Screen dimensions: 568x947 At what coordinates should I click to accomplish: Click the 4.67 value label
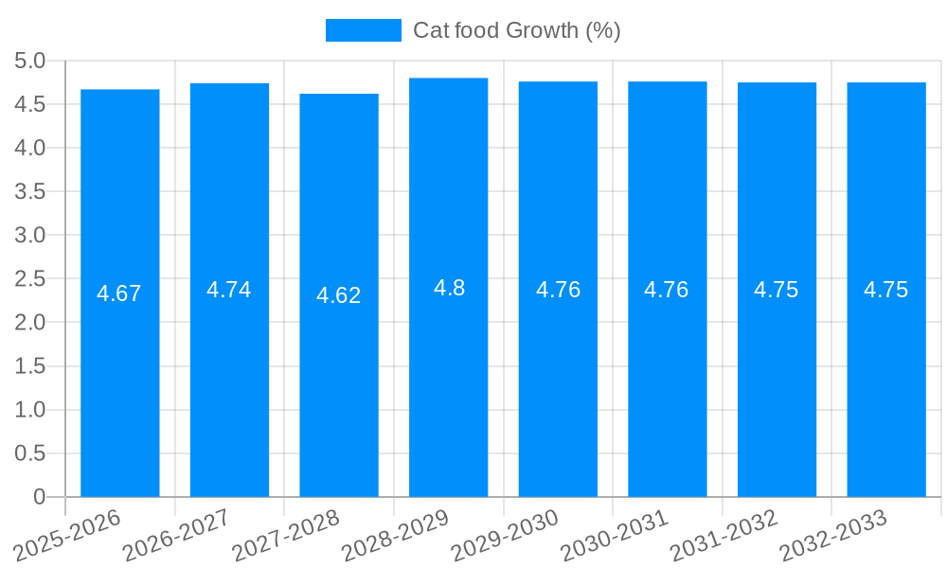(x=119, y=293)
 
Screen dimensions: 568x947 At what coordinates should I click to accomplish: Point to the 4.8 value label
(x=449, y=288)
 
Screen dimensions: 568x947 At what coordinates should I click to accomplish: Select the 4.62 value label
(x=339, y=295)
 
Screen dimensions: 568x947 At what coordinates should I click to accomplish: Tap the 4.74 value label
(x=229, y=290)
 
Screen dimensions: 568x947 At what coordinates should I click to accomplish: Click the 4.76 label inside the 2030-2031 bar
(x=667, y=290)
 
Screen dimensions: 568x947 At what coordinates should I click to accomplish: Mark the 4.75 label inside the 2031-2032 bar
(x=777, y=290)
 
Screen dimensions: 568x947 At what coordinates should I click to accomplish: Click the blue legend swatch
(x=363, y=30)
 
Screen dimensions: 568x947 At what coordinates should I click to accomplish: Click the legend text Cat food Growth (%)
(x=517, y=30)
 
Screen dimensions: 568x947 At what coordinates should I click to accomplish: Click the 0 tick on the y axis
(x=39, y=497)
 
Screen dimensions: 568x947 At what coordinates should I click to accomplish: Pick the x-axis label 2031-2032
(x=725, y=537)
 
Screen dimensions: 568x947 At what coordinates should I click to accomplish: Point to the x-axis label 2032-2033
(x=834, y=537)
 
